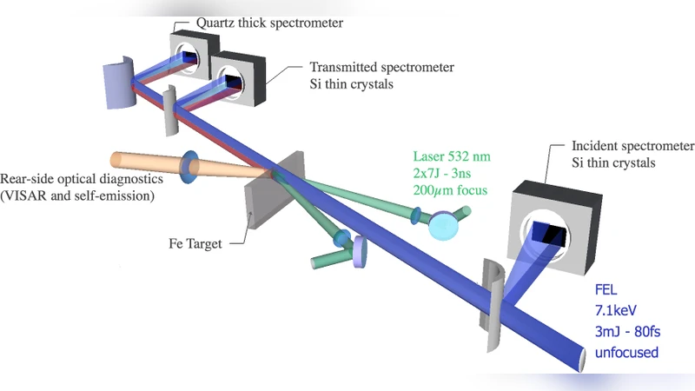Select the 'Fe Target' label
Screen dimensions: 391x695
(x=195, y=244)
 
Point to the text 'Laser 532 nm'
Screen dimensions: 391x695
(x=452, y=157)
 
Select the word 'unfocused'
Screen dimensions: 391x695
(x=625, y=353)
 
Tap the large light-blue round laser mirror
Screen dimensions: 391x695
(x=444, y=226)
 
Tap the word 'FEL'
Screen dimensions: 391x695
(x=606, y=291)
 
